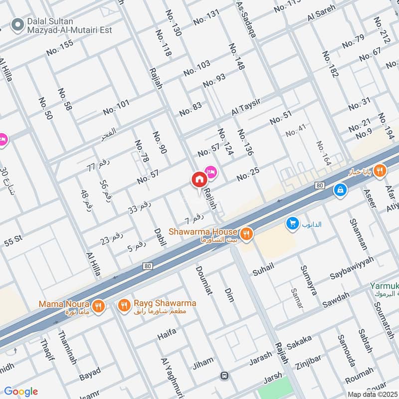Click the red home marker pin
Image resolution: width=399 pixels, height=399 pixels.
[x=199, y=180]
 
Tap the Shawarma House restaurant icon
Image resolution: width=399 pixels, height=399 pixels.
[x=245, y=233]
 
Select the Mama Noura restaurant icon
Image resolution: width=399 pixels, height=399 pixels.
[x=98, y=305]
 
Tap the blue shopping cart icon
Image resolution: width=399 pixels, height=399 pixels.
[x=292, y=224]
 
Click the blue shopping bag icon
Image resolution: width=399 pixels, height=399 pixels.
[x=340, y=190]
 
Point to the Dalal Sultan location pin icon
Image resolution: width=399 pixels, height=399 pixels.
[x=18, y=24]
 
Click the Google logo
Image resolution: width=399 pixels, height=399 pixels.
[x=20, y=392]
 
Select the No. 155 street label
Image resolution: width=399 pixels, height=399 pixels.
[x=60, y=47]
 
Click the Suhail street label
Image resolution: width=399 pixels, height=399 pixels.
[x=263, y=268]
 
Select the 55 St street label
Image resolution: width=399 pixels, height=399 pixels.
[x=13, y=239]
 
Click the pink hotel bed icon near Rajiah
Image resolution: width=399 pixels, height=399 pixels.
[x=210, y=172]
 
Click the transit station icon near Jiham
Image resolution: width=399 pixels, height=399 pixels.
[x=225, y=375]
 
